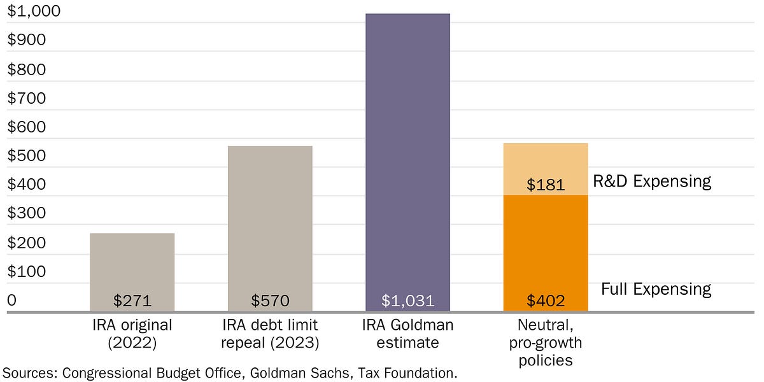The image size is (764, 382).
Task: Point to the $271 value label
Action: [x=132, y=301]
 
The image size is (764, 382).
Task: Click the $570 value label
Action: [x=270, y=301]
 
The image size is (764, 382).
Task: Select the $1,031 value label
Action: [x=407, y=301]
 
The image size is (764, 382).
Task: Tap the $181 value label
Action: [x=546, y=185]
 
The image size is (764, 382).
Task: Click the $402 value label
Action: [x=546, y=301]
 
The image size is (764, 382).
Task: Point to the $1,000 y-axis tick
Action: [x=33, y=11]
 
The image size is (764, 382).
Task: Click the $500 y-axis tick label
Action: [x=27, y=155]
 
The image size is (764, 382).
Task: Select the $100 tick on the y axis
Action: [x=27, y=271]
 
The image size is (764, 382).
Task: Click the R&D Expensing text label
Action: [x=651, y=181]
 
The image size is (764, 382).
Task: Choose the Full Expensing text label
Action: [x=656, y=289]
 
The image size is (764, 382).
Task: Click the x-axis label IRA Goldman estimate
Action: [x=407, y=334]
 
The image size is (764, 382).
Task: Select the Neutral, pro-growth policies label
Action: [x=545, y=343]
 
